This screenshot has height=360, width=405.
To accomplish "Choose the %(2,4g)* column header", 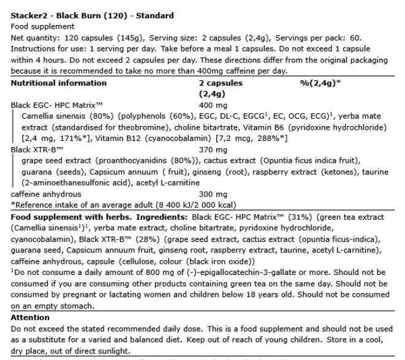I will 320,82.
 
